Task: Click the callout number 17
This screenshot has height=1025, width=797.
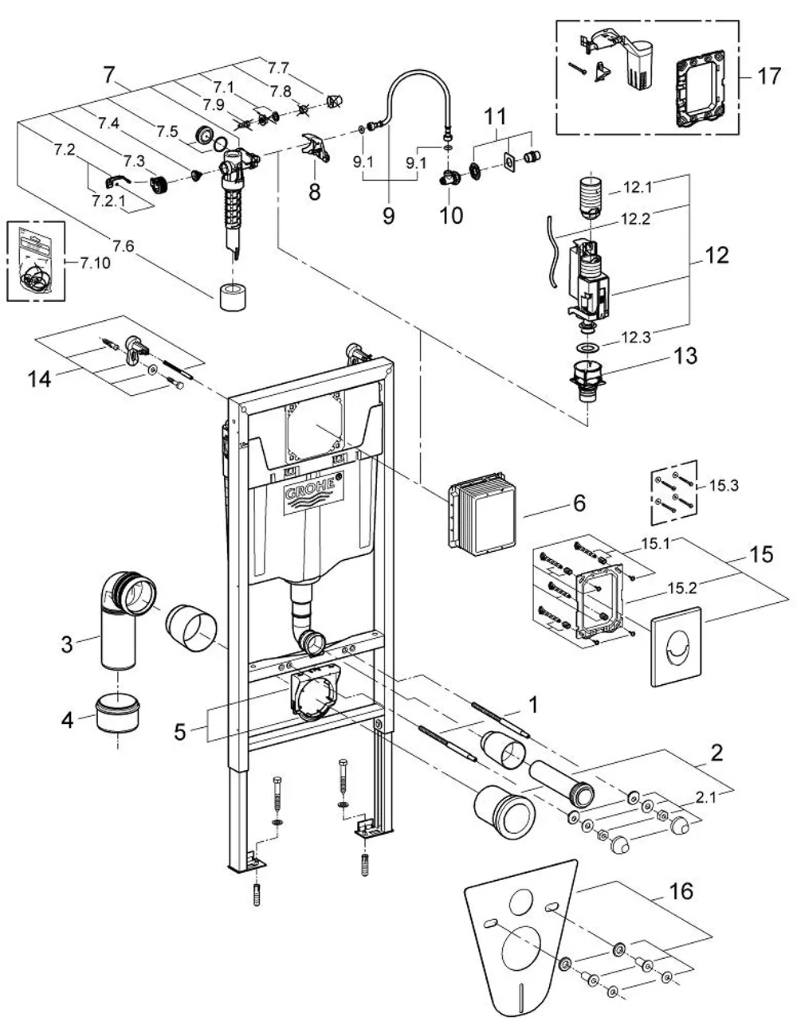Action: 768,76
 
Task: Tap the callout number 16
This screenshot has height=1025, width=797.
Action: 681,891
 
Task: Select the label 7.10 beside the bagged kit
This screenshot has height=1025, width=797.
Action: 95,263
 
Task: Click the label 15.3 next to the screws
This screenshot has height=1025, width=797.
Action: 724,485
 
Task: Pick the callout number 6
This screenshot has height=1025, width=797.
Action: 579,503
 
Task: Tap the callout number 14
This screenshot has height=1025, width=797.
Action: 39,379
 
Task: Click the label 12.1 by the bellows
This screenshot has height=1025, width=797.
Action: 638,187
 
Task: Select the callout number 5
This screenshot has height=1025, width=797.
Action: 180,732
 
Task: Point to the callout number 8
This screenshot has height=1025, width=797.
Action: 314,192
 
